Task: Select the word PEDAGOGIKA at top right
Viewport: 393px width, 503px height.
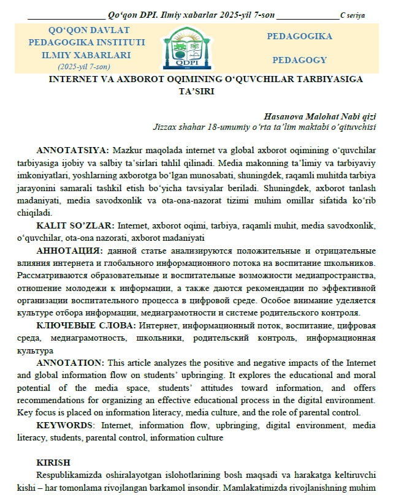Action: [300, 37]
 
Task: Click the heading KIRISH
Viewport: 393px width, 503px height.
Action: [53, 462]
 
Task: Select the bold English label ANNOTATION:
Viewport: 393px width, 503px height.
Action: [71, 363]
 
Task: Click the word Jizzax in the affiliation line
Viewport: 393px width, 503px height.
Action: [166, 127]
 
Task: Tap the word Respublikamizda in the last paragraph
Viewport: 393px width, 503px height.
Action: [69, 475]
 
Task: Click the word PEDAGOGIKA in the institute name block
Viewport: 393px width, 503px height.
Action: [56, 42]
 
